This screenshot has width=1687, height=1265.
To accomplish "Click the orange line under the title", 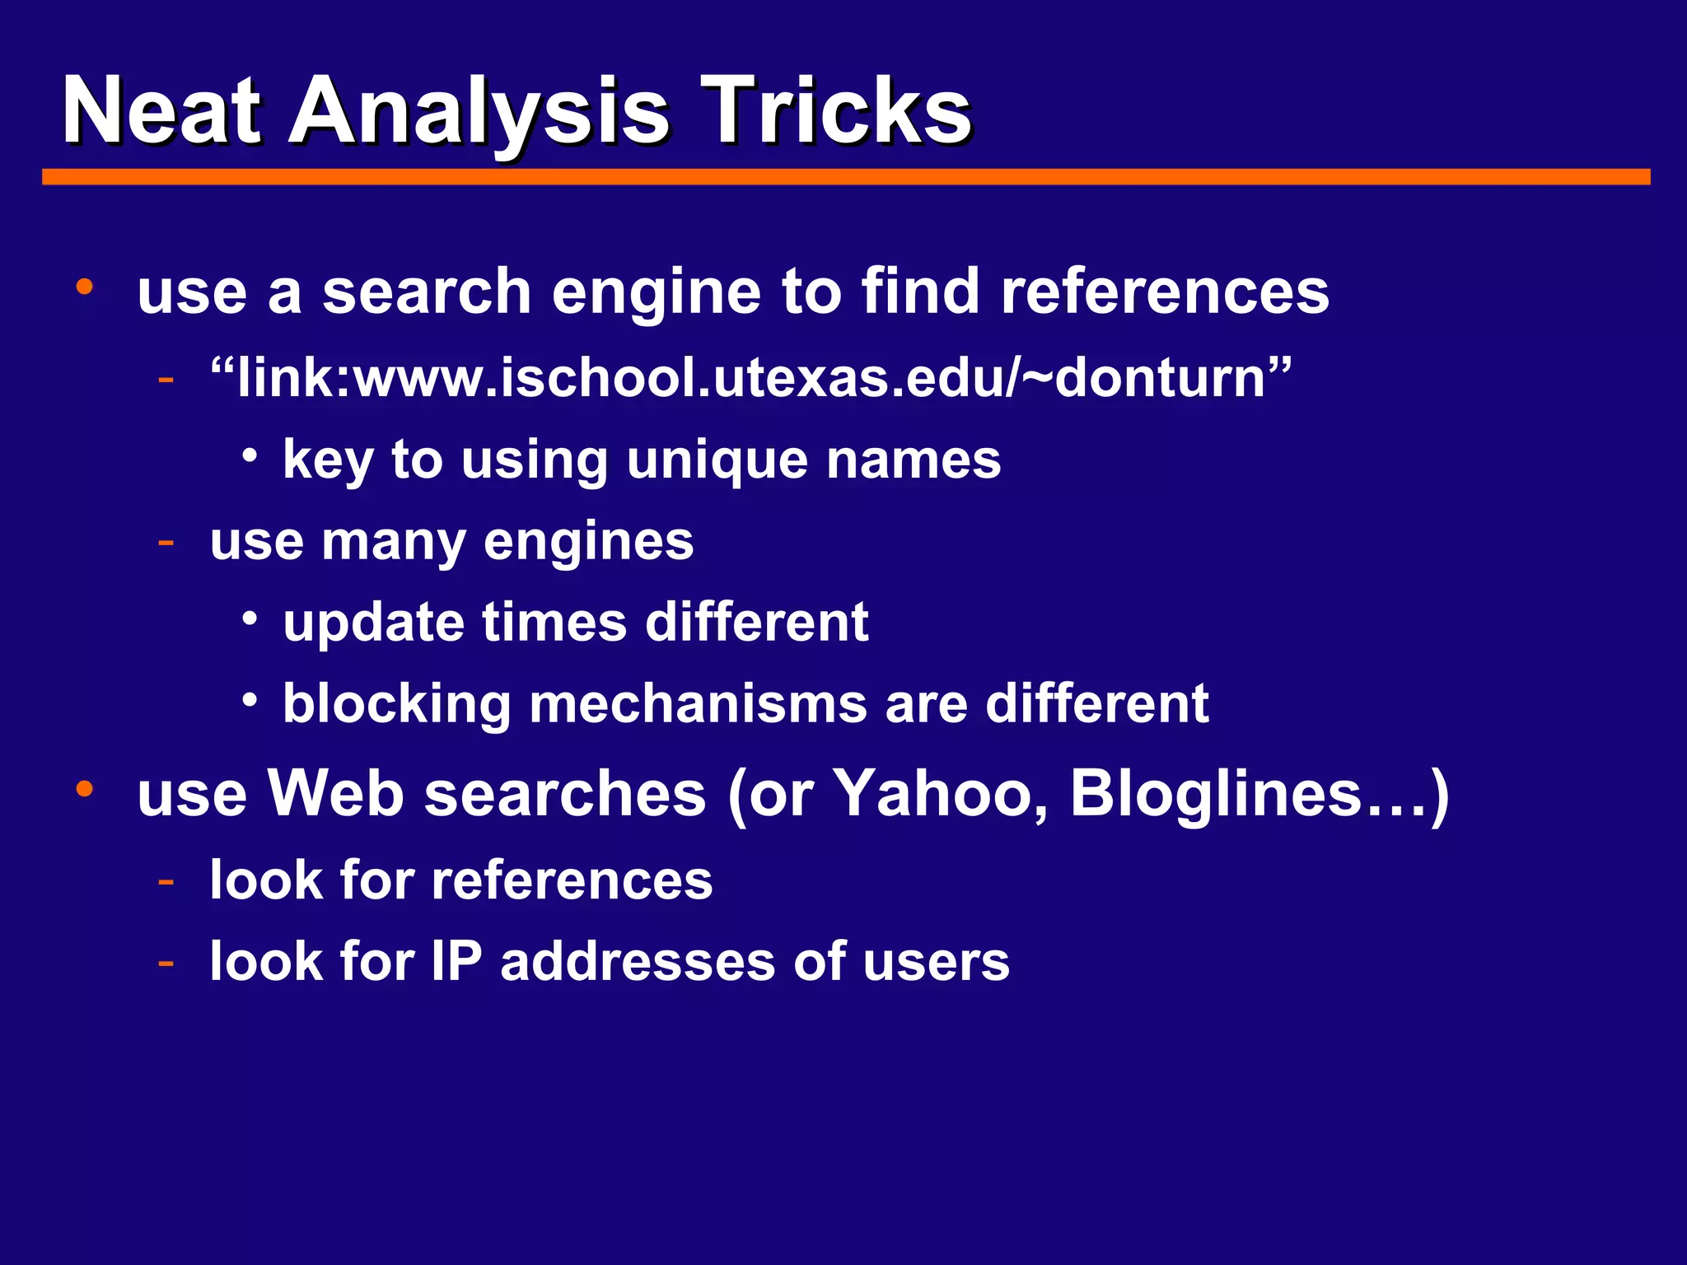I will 846,177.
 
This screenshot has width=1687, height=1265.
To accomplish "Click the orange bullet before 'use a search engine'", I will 84,287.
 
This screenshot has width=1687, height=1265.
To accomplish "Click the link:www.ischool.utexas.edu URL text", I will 750,378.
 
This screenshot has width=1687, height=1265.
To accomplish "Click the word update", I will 373,623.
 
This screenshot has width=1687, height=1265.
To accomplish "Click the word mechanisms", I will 697,705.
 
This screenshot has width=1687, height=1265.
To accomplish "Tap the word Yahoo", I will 940,794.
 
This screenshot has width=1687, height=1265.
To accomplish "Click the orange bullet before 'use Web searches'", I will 84,789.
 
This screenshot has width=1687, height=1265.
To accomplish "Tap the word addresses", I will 638,961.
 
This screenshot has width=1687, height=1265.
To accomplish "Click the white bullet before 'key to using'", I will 250,455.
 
